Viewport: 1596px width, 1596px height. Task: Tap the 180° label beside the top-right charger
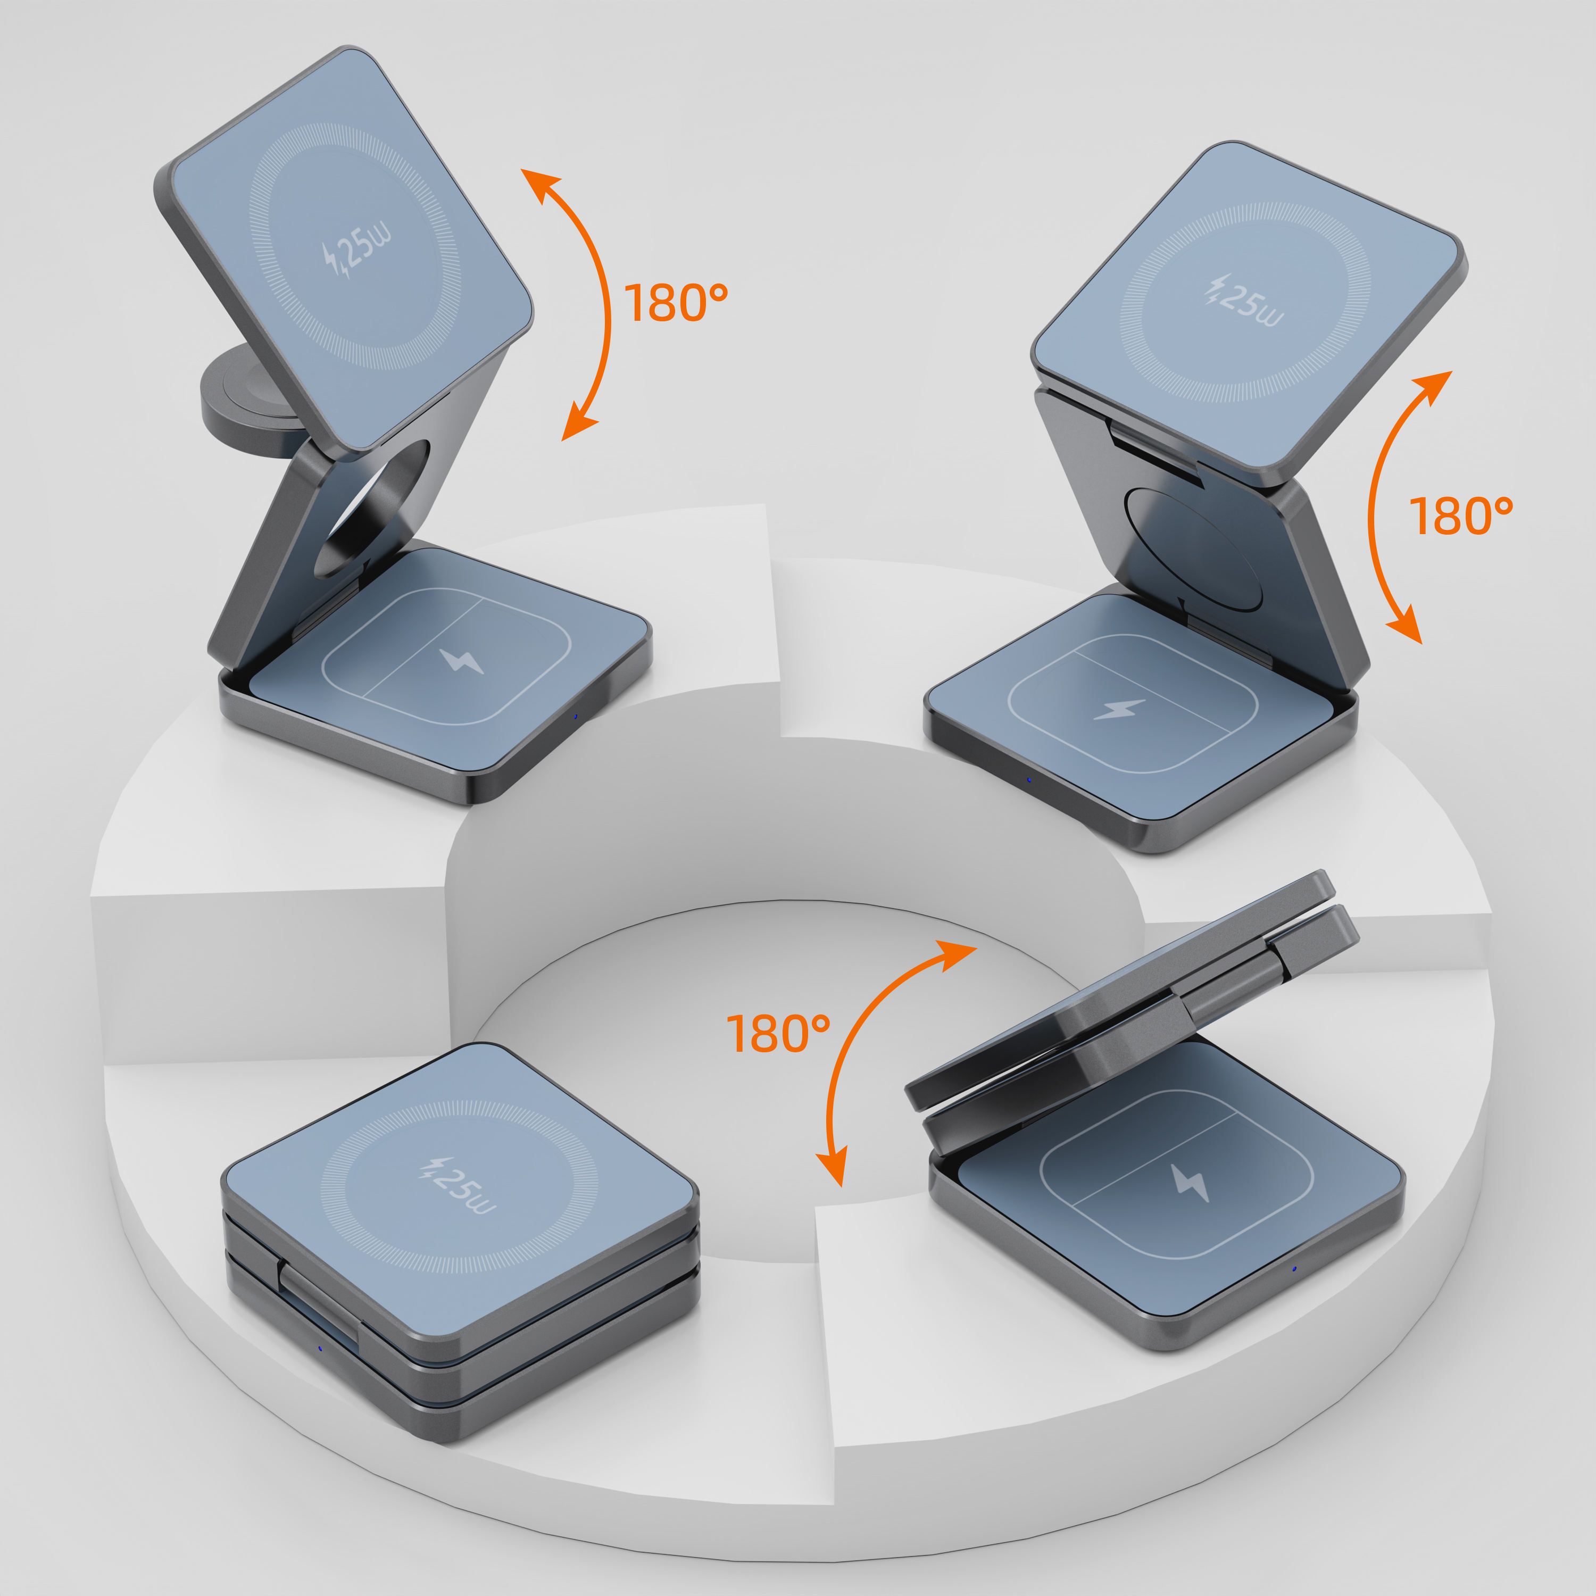click(x=1460, y=516)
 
